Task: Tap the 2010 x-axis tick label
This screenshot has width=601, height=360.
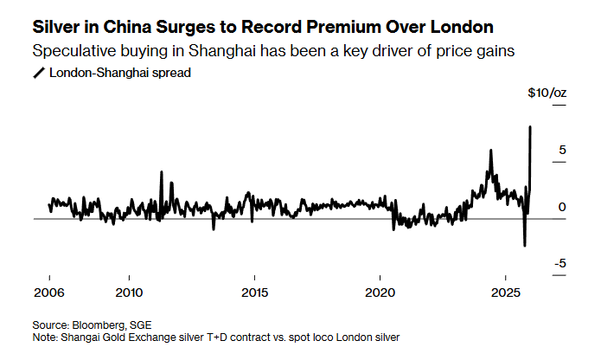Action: coord(128,291)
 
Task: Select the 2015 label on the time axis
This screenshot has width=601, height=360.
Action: coord(254,291)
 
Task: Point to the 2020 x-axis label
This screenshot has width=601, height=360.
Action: coord(380,291)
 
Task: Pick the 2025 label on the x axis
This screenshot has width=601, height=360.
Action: coord(506,291)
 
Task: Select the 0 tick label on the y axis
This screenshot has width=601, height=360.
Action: coord(562,207)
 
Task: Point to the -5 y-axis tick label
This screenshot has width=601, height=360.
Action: coord(559,263)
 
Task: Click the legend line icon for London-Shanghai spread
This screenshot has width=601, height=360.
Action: coord(38,73)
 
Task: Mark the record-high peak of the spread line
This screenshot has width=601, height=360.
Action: coord(530,126)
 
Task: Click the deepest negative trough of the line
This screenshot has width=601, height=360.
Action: coord(524,246)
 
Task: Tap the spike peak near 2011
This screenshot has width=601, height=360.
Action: coord(161,171)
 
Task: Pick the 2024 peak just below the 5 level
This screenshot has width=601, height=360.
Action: coord(491,151)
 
